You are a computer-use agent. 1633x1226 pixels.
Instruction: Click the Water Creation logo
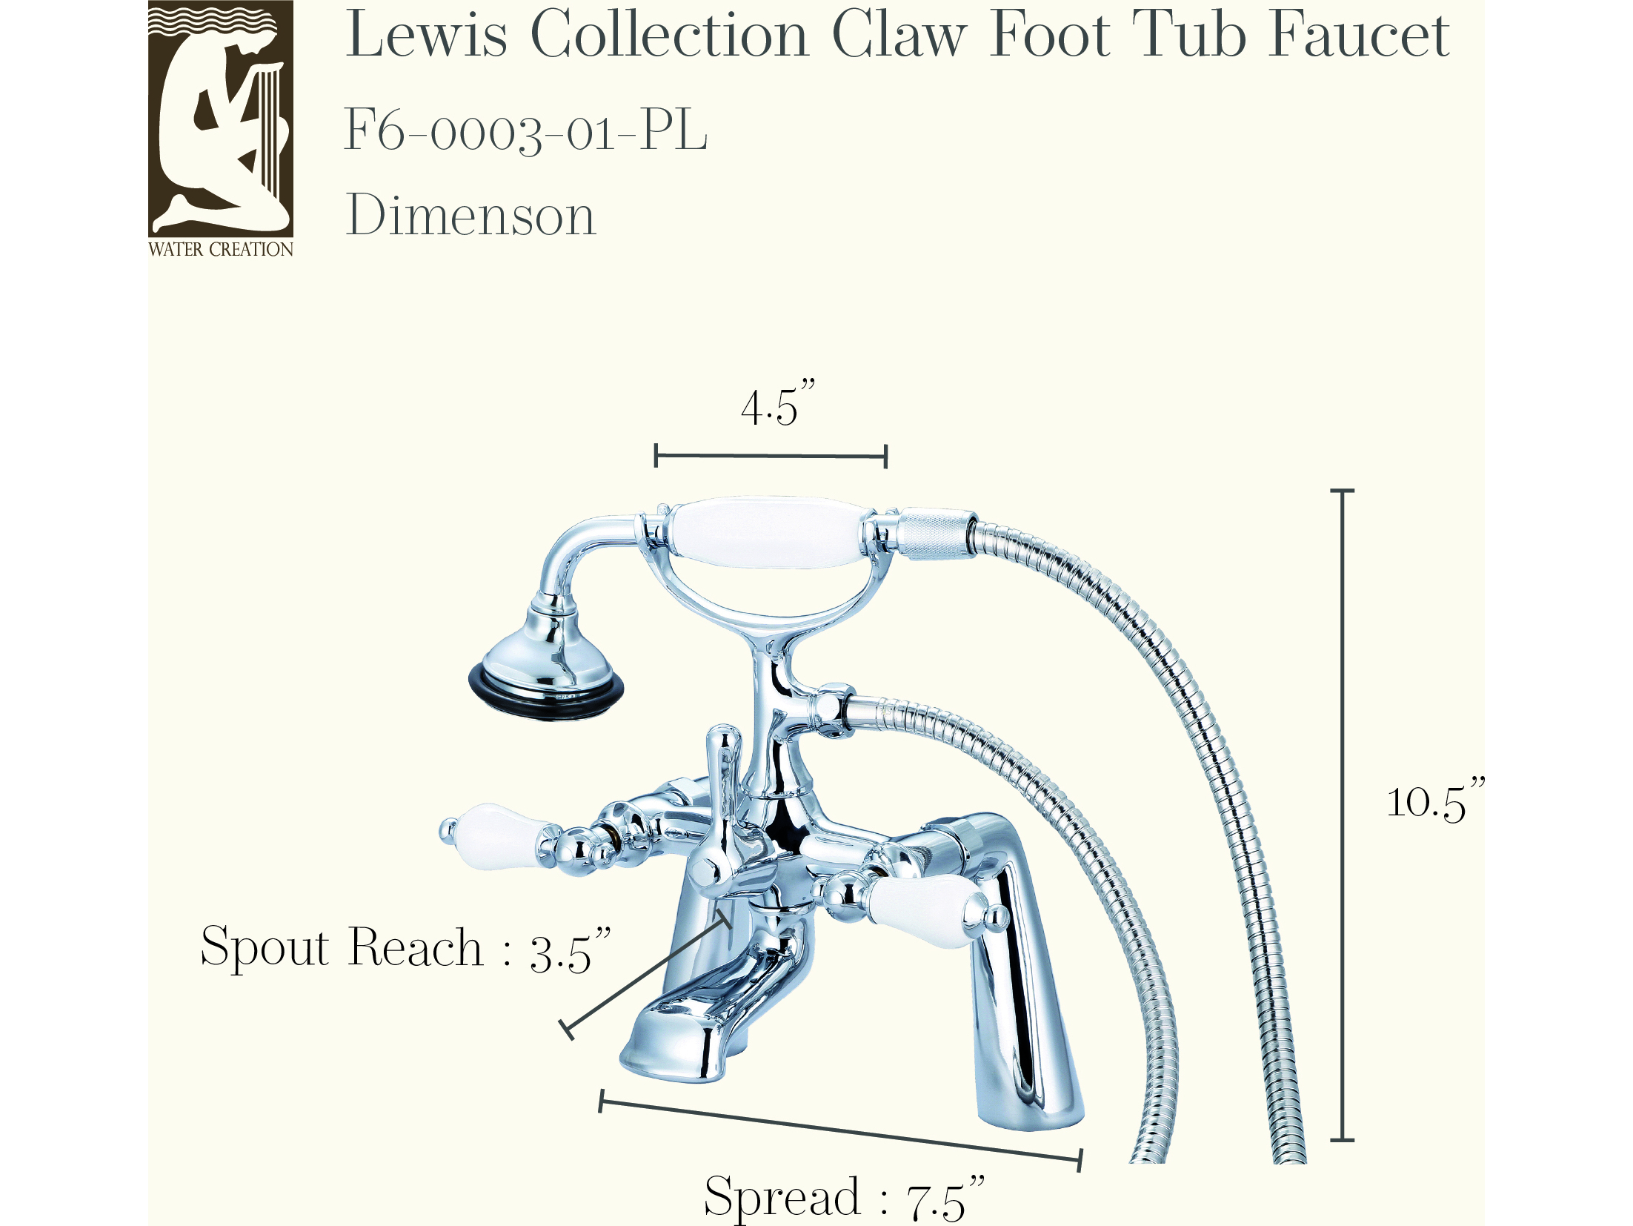221,129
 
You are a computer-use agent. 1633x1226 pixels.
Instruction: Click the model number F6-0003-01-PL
526,130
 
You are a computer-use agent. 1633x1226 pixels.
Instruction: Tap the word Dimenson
471,215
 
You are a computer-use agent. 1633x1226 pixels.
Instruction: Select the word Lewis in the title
427,34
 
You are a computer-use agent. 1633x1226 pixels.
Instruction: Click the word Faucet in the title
1359,34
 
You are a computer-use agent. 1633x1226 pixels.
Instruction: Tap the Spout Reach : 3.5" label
406,949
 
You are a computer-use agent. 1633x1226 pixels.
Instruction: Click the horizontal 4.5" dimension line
771,456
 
